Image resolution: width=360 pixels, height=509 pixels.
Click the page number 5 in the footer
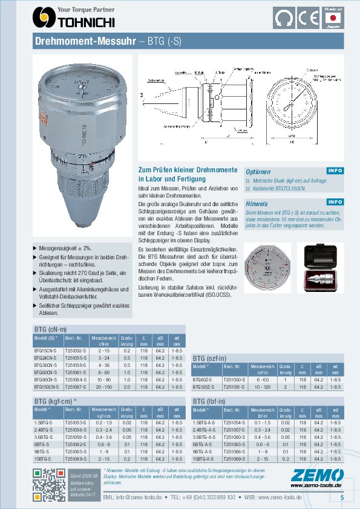coord(342,497)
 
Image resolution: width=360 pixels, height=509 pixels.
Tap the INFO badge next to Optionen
coord(335,171)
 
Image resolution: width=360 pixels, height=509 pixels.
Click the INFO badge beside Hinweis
coord(335,202)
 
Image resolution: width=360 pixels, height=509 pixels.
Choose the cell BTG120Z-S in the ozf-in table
coord(204,385)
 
